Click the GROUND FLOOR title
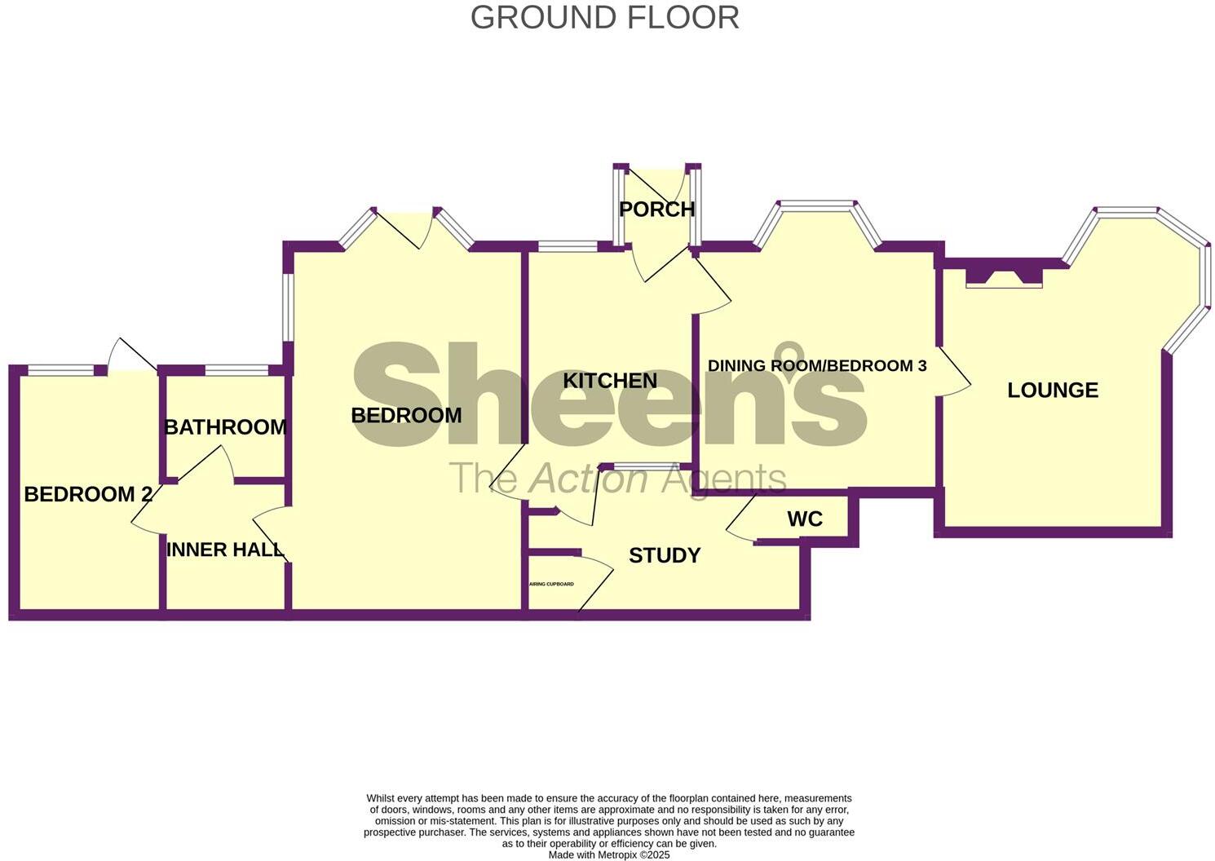[604, 18]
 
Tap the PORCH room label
[656, 210]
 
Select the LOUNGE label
[1052, 391]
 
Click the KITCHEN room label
[610, 381]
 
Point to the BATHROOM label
[225, 427]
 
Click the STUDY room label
[665, 556]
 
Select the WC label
[805, 519]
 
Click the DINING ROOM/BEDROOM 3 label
[817, 366]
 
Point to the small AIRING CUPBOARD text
[552, 585]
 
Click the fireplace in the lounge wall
[1003, 277]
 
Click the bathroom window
[236, 371]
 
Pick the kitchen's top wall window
[568, 246]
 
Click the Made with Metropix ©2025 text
[609, 855]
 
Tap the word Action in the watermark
[589, 479]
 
